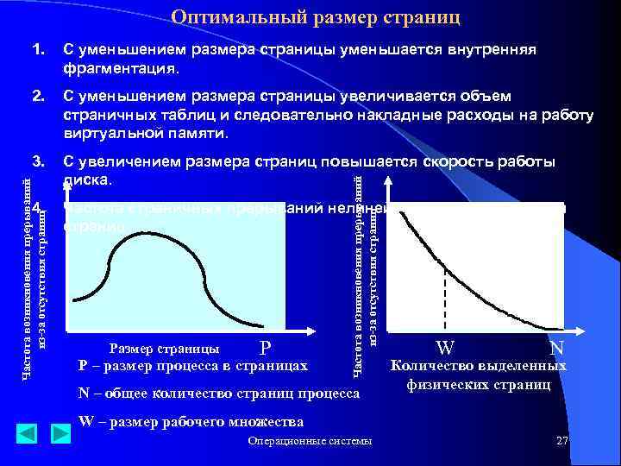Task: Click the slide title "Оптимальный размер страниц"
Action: click(x=316, y=17)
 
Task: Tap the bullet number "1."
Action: click(x=39, y=51)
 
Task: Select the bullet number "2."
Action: click(x=39, y=96)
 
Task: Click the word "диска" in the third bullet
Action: click(x=87, y=180)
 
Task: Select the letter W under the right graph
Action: click(x=445, y=349)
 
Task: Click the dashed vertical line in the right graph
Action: click(x=445, y=298)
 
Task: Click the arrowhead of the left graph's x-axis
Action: click(x=306, y=331)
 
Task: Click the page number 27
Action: click(x=562, y=441)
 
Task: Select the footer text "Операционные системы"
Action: click(x=310, y=442)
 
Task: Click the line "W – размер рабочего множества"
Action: click(x=191, y=422)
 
